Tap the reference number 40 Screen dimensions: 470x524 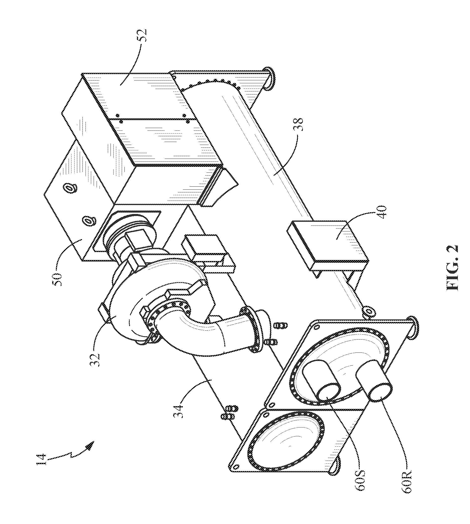pyautogui.click(x=382, y=212)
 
